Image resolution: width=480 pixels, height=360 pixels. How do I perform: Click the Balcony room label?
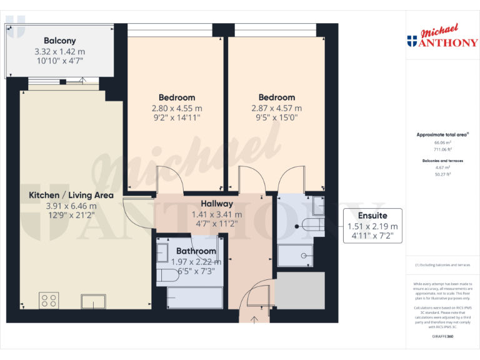(60, 41)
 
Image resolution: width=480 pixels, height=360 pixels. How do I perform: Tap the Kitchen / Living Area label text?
(71, 195)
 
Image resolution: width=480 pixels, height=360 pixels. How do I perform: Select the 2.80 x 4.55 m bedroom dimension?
(177, 108)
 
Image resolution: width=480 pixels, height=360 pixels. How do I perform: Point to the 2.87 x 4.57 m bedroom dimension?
(277, 108)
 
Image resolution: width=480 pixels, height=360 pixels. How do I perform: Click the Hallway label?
(217, 204)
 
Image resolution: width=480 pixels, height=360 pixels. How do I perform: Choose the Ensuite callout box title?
(372, 216)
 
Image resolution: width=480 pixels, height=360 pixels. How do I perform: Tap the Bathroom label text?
(196, 251)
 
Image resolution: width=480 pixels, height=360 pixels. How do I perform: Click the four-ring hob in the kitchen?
(49, 301)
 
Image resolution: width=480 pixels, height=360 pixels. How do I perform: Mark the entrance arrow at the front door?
(255, 321)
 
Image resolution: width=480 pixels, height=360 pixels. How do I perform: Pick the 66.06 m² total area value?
(442, 142)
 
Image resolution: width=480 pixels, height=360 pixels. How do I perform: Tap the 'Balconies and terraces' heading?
(442, 161)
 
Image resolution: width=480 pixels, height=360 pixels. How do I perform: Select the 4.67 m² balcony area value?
(442, 168)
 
